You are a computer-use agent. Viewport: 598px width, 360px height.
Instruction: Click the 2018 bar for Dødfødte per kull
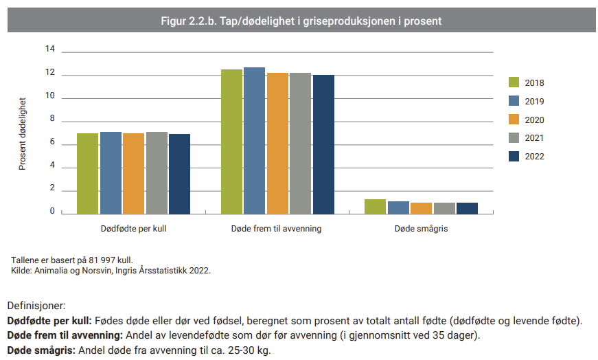[x=87, y=173]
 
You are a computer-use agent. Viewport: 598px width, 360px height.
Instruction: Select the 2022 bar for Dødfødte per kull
[x=179, y=174]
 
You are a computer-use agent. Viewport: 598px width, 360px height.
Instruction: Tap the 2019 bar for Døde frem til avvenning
[x=254, y=141]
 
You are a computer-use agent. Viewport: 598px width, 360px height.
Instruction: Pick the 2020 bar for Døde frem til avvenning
[x=277, y=144]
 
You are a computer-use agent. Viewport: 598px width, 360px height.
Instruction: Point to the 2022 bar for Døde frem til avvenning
[x=323, y=144]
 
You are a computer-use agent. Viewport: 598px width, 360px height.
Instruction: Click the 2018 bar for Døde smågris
[x=375, y=207]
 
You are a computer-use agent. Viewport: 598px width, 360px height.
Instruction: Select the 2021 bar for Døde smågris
[x=444, y=208]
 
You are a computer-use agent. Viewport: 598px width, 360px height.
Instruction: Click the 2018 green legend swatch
[x=514, y=82]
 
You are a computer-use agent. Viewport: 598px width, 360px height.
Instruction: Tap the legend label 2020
[x=534, y=120]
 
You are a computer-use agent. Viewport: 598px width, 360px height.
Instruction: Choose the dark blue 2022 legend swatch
[x=514, y=156]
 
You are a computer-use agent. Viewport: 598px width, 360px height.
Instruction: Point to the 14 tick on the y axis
[x=49, y=49]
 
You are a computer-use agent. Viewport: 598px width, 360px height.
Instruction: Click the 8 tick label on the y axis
[x=51, y=119]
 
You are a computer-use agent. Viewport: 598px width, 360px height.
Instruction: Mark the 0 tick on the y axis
[x=51, y=212]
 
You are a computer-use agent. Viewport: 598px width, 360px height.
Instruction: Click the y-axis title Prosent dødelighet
[x=22, y=135]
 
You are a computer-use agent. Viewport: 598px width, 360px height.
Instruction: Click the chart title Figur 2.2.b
[x=301, y=21]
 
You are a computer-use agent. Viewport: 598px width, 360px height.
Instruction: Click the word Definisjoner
[x=35, y=305]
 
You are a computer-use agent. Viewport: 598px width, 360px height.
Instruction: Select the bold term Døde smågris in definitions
[x=40, y=350]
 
